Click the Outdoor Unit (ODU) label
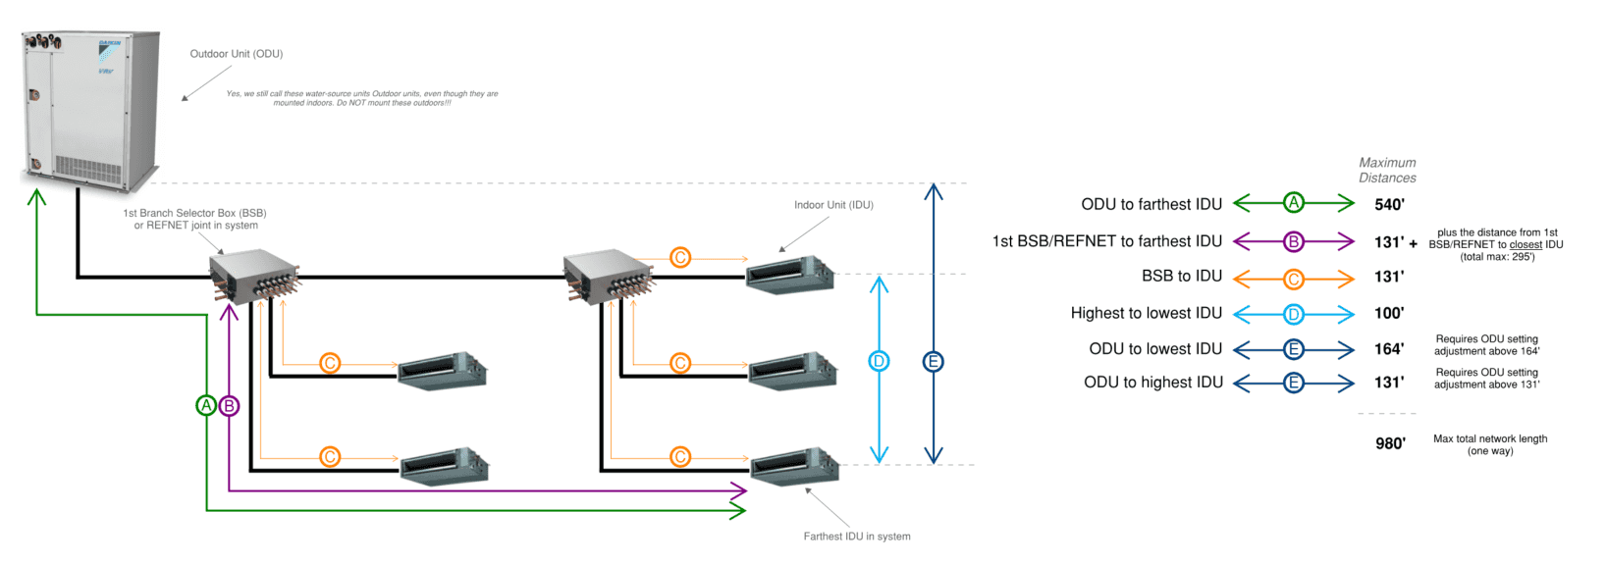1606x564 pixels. (236, 54)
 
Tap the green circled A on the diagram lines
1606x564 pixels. (206, 405)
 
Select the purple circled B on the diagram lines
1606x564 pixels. (229, 405)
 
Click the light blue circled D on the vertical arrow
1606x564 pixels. (879, 361)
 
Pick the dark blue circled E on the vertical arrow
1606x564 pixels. (934, 361)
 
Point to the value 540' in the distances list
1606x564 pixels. (1389, 204)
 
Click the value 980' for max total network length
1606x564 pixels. (1390, 443)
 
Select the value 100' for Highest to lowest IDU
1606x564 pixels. (1389, 313)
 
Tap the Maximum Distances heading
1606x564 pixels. (1387, 170)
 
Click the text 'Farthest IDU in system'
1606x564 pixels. (856, 537)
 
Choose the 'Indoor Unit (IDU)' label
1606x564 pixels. (833, 205)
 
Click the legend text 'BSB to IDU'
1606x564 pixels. (1181, 277)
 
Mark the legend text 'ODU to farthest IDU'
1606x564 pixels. (1151, 204)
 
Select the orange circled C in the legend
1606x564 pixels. (1294, 279)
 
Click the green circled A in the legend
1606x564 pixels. (1294, 203)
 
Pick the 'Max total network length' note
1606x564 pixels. (1490, 444)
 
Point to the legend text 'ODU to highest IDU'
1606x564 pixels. (1152, 383)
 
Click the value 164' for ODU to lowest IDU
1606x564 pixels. (1389, 348)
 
